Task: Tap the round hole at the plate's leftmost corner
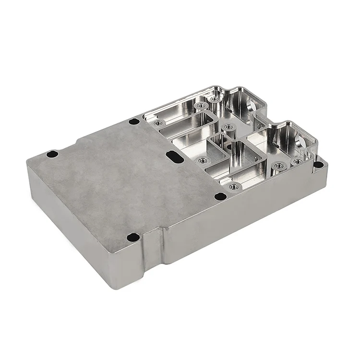pos(51,154)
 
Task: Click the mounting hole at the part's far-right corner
pos(319,165)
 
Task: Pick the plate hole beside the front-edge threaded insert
pos(219,196)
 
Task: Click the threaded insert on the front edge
pos(234,186)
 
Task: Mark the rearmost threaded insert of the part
pos(214,98)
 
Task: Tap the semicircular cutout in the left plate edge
pos(75,136)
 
